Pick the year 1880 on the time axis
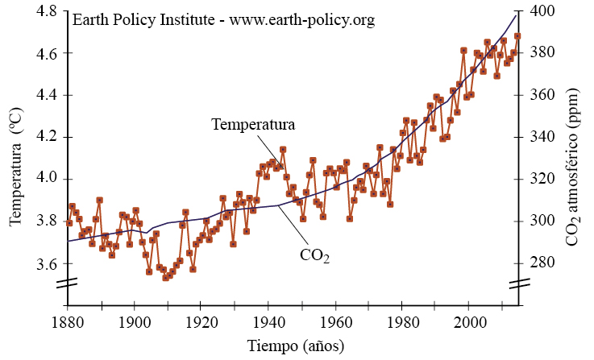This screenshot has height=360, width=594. pos(68,322)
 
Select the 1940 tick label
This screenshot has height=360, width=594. pos(270,322)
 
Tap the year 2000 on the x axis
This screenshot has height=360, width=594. pos(471,322)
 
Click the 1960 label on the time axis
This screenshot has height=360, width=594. pos(337,322)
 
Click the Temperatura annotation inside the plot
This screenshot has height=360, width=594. pos(253,125)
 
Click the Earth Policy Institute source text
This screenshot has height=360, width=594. pos(224,20)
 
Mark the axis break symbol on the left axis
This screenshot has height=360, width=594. pos(68,283)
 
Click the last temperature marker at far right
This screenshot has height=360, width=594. pos(517,36)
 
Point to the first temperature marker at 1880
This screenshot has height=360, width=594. pos(69,223)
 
